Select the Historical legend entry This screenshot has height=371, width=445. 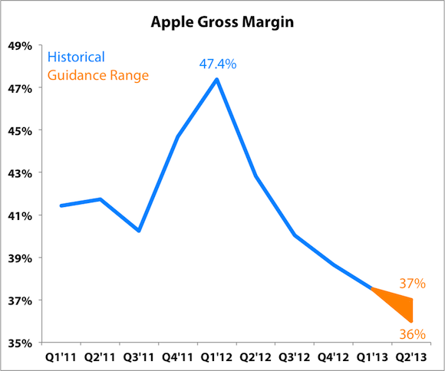click(76, 57)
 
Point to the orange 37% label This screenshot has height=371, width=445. click(411, 284)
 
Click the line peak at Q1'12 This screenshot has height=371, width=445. click(217, 79)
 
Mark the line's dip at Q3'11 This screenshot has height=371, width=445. click(139, 231)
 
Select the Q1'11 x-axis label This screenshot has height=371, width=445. click(61, 357)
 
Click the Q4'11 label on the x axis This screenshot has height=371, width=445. click(178, 357)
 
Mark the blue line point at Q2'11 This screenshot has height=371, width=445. click(100, 199)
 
